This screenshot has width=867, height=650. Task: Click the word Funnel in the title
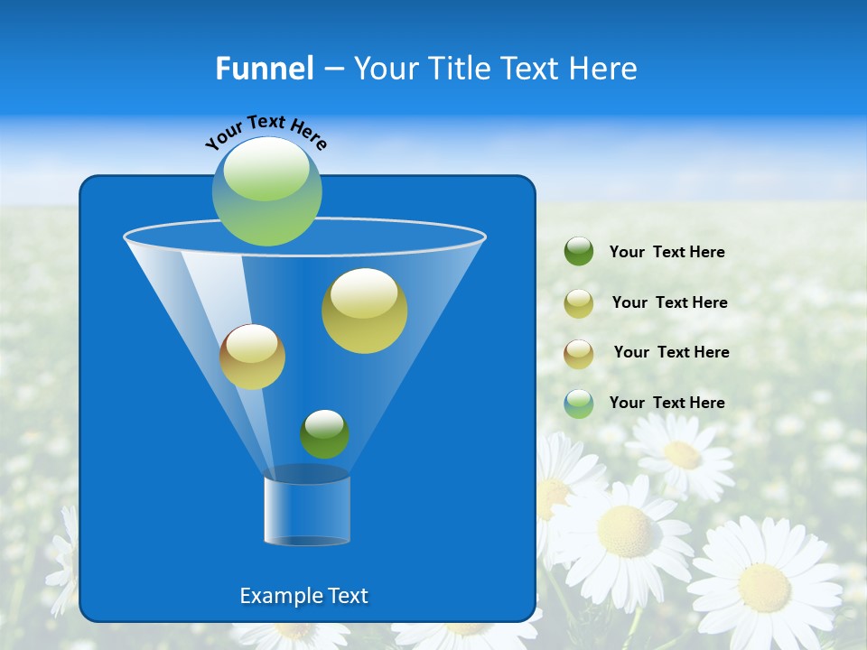(264, 69)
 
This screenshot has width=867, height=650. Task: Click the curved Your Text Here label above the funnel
(266, 132)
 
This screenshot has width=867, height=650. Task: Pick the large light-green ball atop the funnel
(267, 191)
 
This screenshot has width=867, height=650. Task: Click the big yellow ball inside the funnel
(364, 311)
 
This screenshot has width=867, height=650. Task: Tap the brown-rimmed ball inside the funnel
(252, 357)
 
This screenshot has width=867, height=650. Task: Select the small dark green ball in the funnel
(324, 434)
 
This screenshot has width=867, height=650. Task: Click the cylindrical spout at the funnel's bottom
(307, 510)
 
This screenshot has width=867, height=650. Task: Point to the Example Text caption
(304, 596)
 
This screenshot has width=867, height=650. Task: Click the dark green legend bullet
(579, 252)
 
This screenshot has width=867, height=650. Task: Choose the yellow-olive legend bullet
(579, 302)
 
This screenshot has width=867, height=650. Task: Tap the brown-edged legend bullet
(579, 353)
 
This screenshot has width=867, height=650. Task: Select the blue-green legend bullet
(579, 404)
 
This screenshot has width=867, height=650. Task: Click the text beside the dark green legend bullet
(667, 253)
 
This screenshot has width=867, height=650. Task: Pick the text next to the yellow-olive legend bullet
(669, 303)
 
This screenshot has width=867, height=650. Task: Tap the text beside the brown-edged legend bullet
(671, 353)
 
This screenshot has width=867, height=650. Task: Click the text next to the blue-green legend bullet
(667, 404)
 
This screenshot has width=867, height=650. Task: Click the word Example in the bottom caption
(279, 596)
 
